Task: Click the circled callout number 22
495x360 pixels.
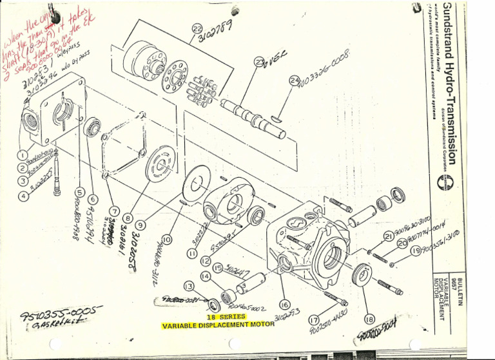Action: (x=197, y=28)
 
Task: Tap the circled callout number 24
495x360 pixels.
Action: (x=295, y=80)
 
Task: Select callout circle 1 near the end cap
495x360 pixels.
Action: (x=23, y=155)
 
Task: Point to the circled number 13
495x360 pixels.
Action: (x=189, y=285)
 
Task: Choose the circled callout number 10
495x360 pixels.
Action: (x=168, y=240)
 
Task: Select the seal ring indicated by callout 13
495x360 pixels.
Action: (x=215, y=303)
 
